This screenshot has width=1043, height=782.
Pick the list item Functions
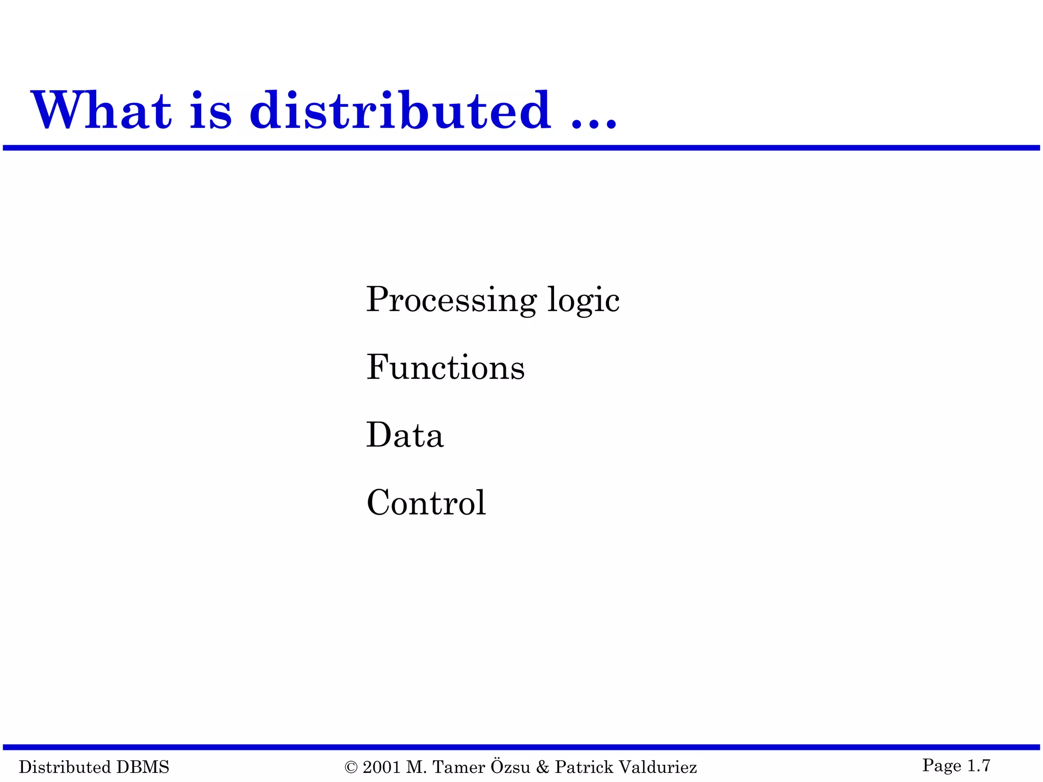pyautogui.click(x=445, y=368)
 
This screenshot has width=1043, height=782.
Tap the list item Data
pyautogui.click(x=405, y=435)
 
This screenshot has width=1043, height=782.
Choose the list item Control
pyautogui.click(x=426, y=503)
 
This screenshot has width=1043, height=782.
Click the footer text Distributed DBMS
pyautogui.click(x=94, y=767)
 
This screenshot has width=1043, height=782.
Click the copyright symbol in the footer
pyautogui.click(x=351, y=767)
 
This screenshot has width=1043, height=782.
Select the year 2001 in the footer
pyautogui.click(x=382, y=767)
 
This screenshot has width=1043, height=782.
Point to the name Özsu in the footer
pyautogui.click(x=510, y=766)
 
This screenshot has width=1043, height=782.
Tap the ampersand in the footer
pyautogui.click(x=543, y=767)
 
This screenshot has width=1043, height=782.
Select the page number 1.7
pyautogui.click(x=978, y=765)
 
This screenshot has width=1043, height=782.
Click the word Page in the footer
pyautogui.click(x=942, y=766)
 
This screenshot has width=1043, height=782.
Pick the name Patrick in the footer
pyautogui.click(x=584, y=767)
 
